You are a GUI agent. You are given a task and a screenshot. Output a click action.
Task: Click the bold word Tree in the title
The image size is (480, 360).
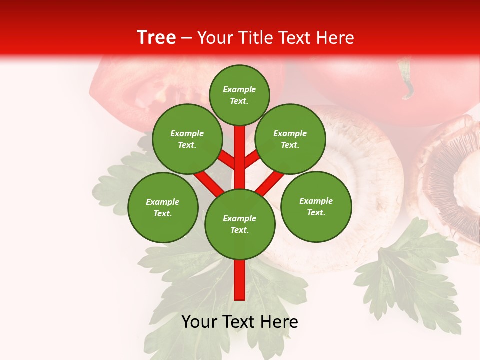156,38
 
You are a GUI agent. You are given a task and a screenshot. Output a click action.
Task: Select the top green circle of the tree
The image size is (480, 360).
239,95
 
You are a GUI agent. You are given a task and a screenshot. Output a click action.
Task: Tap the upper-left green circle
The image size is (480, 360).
187,139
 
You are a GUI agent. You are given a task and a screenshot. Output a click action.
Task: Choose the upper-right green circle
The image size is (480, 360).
290,139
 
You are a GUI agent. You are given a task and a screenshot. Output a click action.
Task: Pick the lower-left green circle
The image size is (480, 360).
163,207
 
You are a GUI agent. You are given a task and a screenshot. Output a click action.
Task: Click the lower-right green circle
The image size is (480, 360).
316,206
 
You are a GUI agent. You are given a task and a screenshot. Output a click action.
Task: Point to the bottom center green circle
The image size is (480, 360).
240,224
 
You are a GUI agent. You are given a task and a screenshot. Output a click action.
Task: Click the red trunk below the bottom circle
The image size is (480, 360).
240,280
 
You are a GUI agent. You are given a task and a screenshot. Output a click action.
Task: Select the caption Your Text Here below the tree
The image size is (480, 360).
240,322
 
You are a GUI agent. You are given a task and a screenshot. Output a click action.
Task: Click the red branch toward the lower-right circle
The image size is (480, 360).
270,183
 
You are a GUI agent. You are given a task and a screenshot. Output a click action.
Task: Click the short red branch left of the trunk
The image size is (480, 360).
227,160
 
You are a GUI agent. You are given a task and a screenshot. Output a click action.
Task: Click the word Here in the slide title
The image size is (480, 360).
335,38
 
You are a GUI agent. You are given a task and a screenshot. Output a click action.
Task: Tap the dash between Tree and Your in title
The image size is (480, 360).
186,38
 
